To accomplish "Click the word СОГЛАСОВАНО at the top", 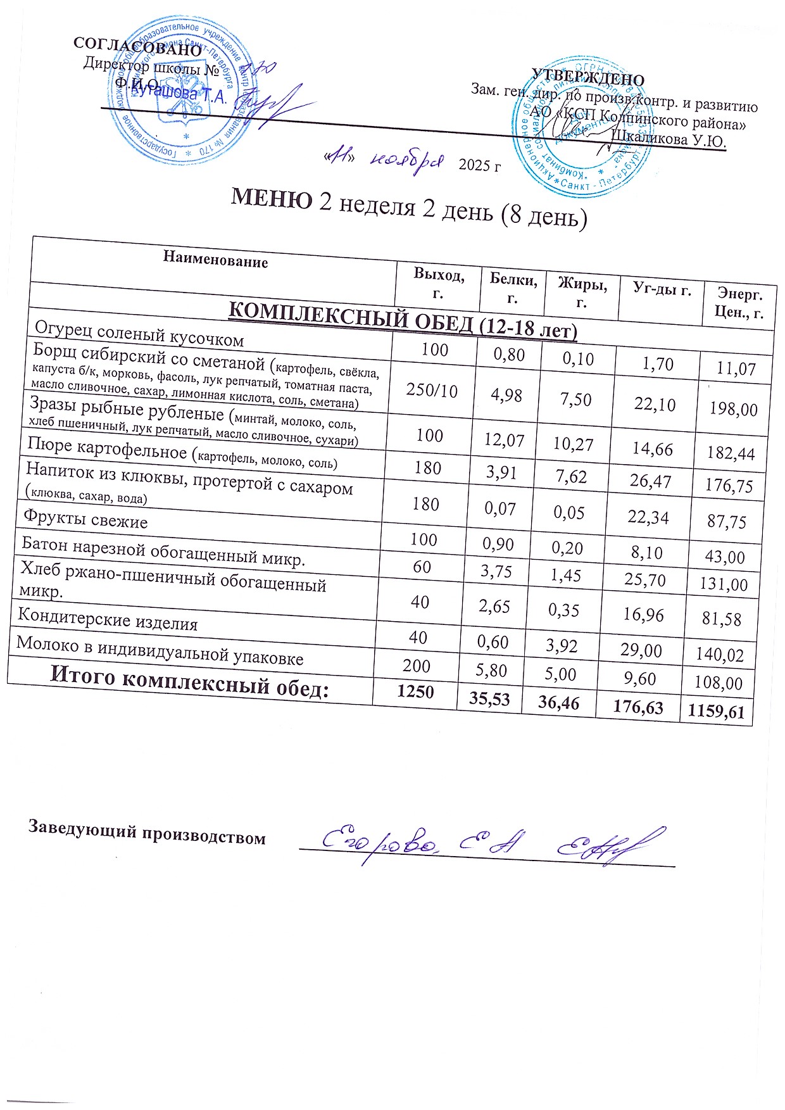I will [x=137, y=46].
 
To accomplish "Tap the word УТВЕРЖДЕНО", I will [x=587, y=77].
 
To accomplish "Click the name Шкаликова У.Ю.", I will [x=668, y=137].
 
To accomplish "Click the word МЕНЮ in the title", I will [x=271, y=198].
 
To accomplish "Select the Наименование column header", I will [x=215, y=260].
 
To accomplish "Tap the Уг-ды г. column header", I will [x=662, y=291].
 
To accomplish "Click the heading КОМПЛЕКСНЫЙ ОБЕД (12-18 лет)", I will [x=402, y=319].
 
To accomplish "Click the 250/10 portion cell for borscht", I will [x=432, y=389].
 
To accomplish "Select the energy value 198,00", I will [x=733, y=409].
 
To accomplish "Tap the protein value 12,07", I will [x=504, y=439].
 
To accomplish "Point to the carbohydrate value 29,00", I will [x=642, y=650].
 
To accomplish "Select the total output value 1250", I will [x=415, y=691].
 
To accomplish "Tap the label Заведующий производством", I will [x=146, y=832].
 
